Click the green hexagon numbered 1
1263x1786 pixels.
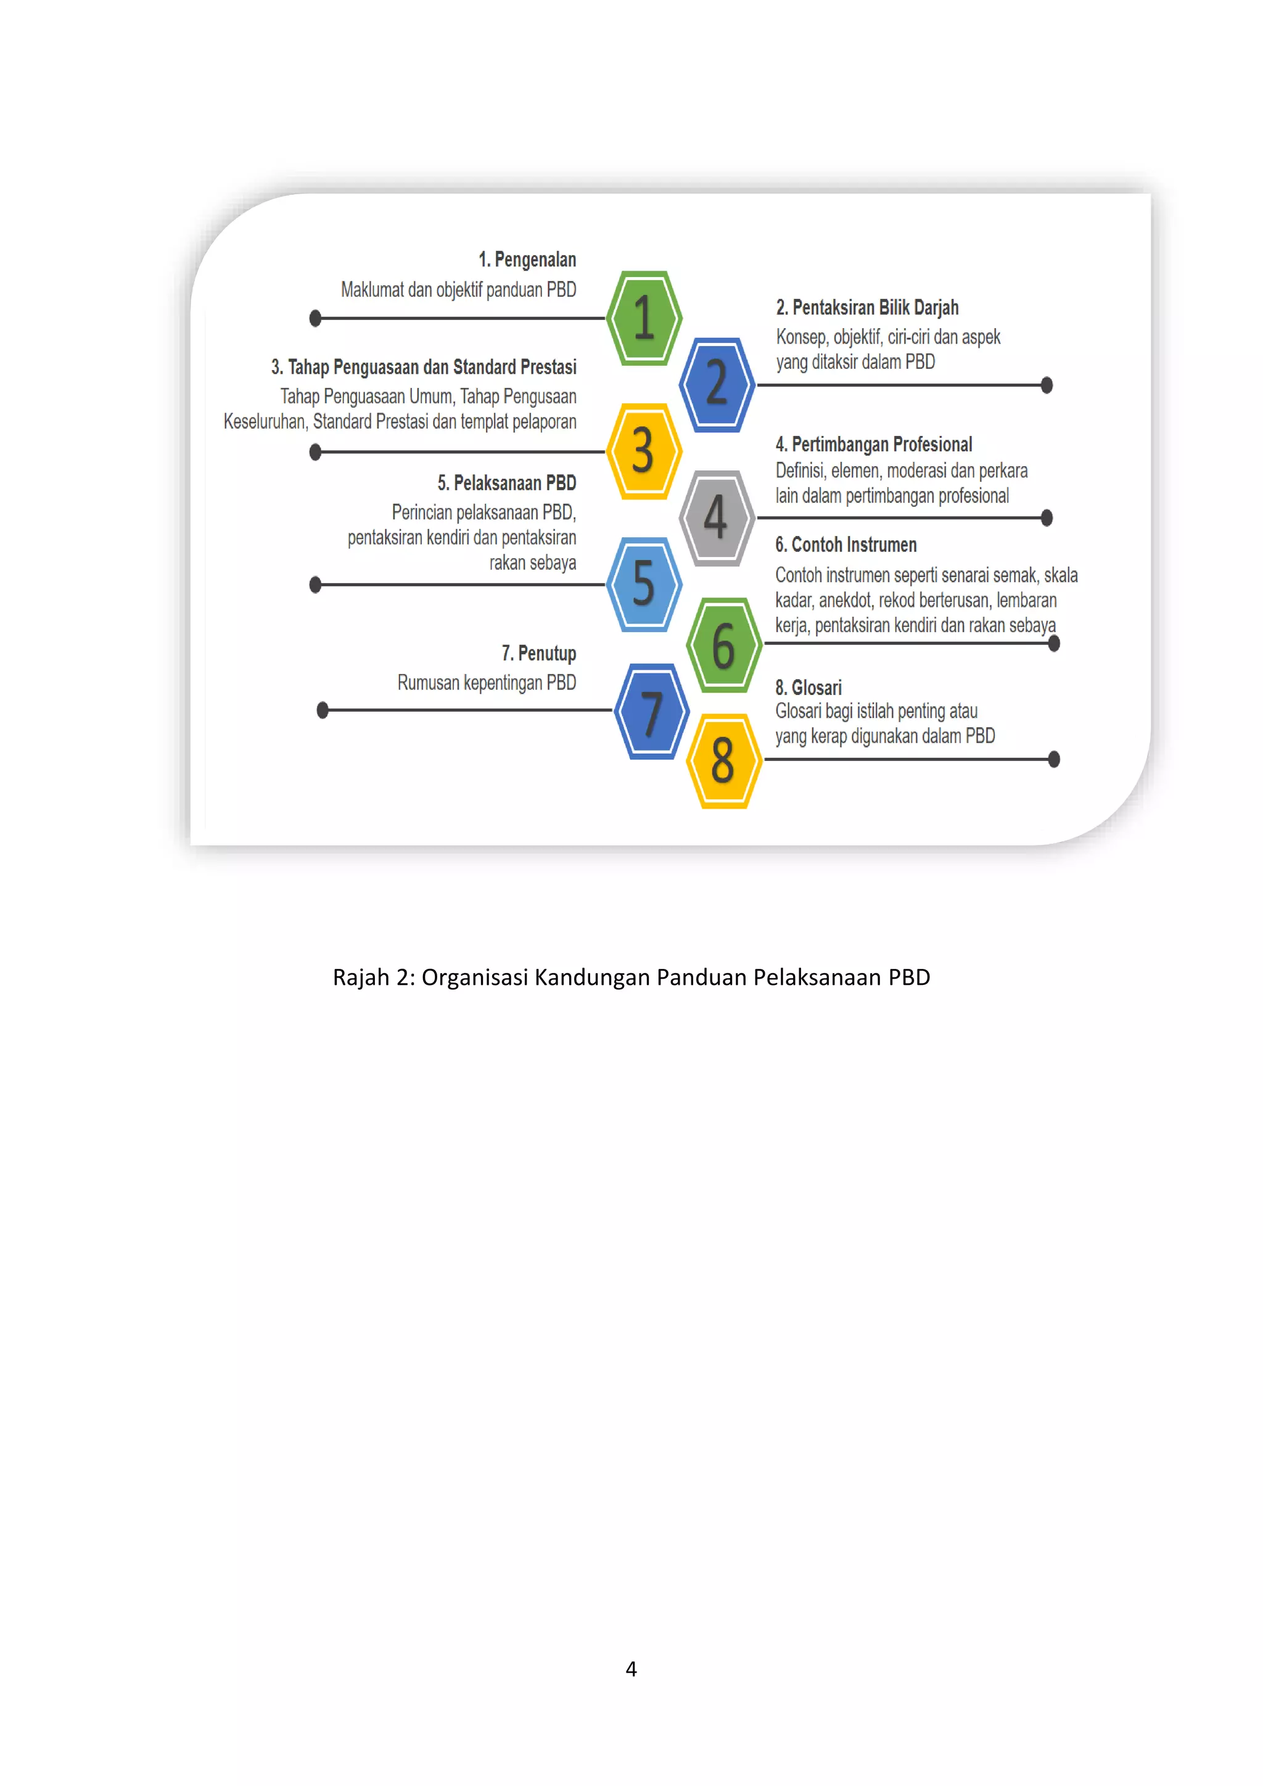(x=644, y=318)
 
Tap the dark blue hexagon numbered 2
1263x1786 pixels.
(x=716, y=384)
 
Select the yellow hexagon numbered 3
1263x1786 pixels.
(x=643, y=451)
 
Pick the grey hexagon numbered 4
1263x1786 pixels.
(x=716, y=517)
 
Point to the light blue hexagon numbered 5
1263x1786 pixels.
(x=643, y=584)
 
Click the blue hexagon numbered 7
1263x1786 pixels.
(x=651, y=711)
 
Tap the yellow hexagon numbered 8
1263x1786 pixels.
(x=723, y=760)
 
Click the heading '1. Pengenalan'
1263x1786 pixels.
(x=527, y=260)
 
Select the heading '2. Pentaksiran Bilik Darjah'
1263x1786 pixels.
(x=867, y=308)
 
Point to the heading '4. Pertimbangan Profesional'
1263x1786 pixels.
(x=873, y=445)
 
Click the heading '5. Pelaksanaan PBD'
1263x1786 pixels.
(x=506, y=483)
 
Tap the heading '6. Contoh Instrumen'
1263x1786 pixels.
(x=845, y=545)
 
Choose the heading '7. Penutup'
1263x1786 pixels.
(x=538, y=654)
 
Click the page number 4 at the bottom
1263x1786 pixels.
(x=631, y=1669)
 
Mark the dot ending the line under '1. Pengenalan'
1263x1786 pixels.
(x=315, y=318)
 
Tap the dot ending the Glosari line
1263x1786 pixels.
(x=1054, y=759)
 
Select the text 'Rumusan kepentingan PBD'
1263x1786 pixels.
(x=486, y=683)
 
